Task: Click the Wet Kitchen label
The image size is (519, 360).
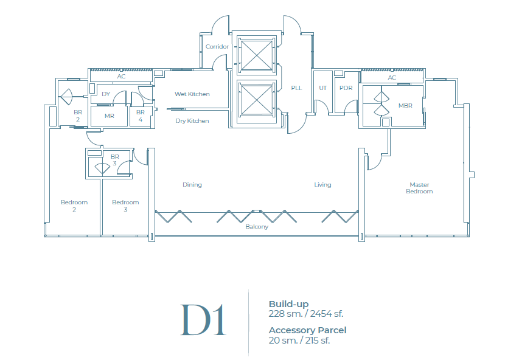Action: click(x=192, y=94)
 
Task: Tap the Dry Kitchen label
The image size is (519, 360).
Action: click(x=192, y=121)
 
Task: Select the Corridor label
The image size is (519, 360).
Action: click(x=217, y=47)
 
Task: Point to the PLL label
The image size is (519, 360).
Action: click(x=296, y=88)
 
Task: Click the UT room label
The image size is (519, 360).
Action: click(x=322, y=88)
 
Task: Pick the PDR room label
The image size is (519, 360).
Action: click(x=346, y=88)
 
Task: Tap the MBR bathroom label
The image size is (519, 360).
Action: click(x=405, y=105)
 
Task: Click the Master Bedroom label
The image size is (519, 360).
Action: click(x=419, y=188)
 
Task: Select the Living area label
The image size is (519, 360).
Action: click(x=322, y=185)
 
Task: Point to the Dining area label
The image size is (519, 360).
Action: click(x=192, y=185)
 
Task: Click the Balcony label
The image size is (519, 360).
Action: click(x=257, y=227)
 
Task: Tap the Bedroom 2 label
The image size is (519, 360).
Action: click(x=74, y=206)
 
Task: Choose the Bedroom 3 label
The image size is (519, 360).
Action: click(x=125, y=206)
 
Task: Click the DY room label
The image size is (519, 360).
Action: click(x=106, y=94)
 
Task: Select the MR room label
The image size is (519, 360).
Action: click(x=110, y=116)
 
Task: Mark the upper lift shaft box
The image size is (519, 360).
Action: click(x=256, y=54)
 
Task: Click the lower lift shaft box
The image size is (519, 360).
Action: click(x=256, y=99)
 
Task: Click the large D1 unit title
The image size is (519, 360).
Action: click(x=203, y=320)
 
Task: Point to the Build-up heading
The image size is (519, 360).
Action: click(x=288, y=304)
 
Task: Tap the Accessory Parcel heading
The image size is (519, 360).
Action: click(x=307, y=330)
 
